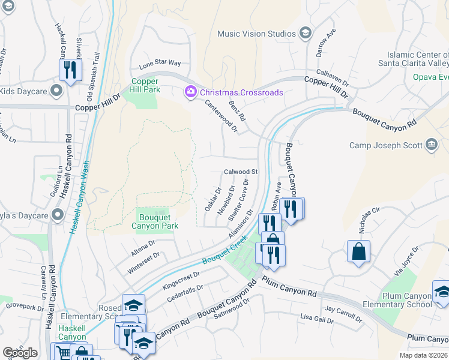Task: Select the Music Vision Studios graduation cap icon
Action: [305, 33]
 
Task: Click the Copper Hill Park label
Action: [145, 85]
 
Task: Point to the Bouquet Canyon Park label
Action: [155, 221]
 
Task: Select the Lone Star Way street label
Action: [160, 63]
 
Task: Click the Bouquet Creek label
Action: [224, 250]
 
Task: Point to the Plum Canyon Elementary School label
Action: [406, 300]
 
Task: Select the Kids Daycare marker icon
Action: [57, 91]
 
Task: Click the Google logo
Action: [20, 353]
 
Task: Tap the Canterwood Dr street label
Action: [221, 116]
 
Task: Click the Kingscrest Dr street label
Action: [181, 280]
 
